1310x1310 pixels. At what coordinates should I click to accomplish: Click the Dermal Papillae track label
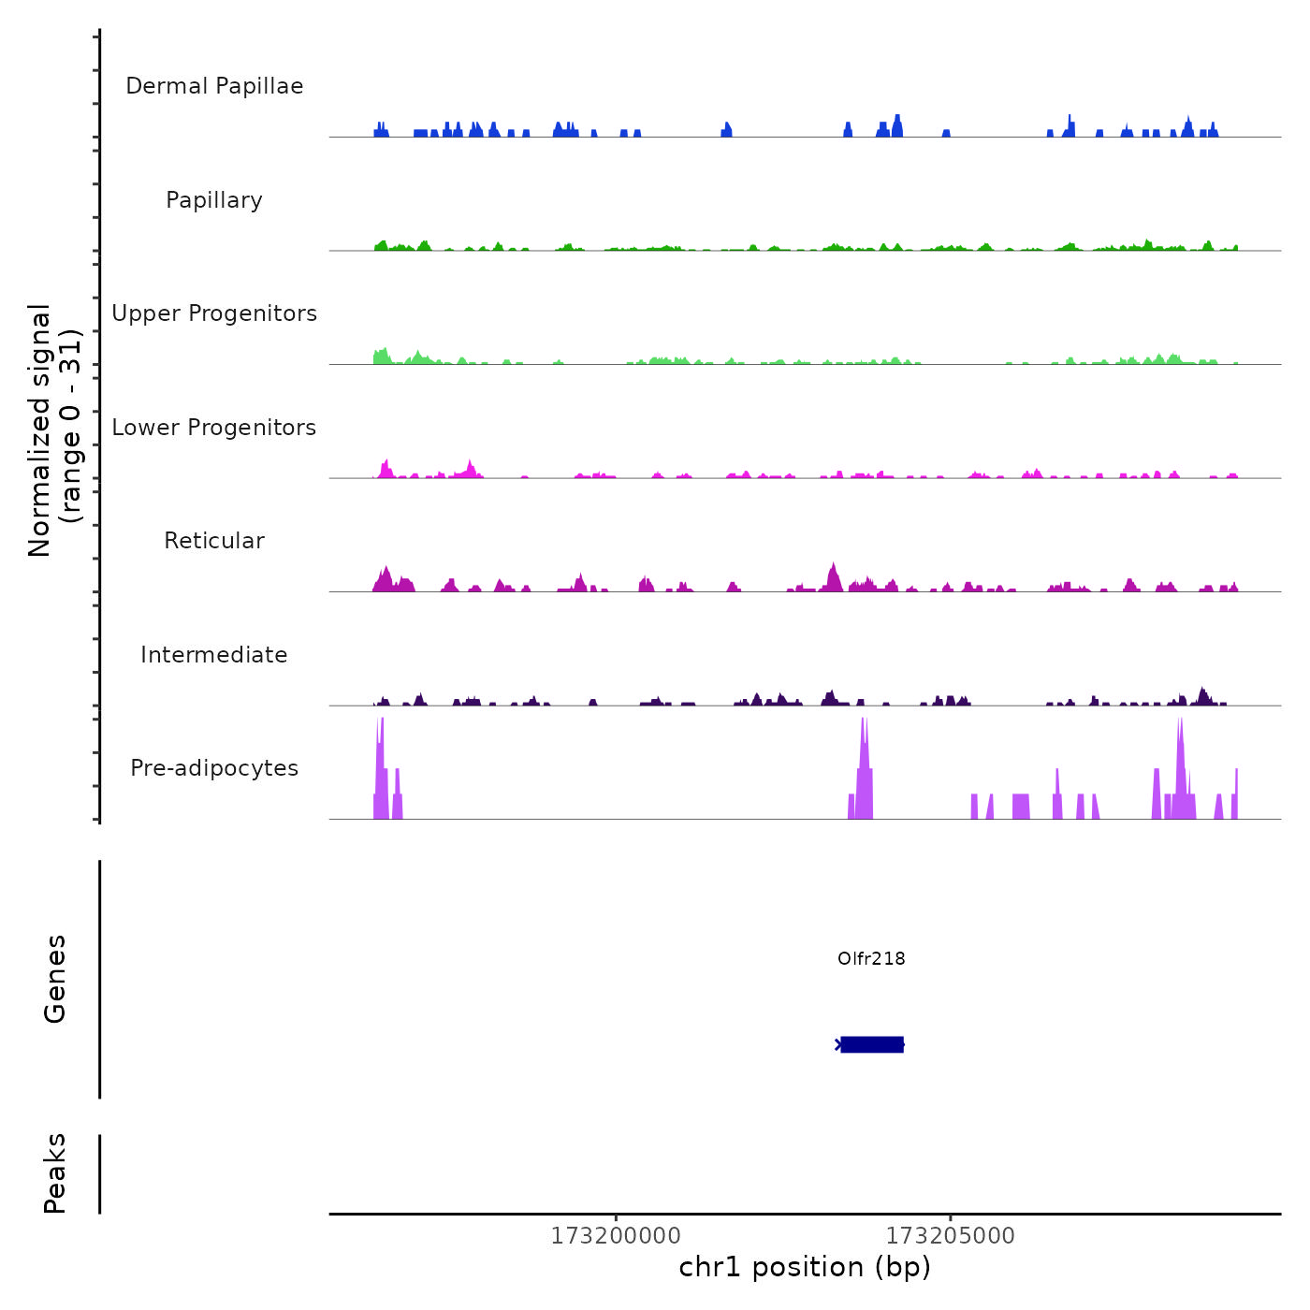(214, 86)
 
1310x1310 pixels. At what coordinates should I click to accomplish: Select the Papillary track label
(214, 200)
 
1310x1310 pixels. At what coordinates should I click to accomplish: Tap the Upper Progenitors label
(214, 313)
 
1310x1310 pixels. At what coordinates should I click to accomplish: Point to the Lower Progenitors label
(214, 428)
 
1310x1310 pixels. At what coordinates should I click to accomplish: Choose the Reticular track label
(214, 541)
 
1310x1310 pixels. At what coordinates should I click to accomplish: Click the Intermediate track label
(214, 655)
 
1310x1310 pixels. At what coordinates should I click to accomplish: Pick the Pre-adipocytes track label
(214, 768)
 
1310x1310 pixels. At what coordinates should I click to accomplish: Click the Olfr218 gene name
(871, 958)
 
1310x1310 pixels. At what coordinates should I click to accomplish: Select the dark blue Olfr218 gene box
(872, 1044)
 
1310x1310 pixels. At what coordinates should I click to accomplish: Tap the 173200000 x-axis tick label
(616, 1236)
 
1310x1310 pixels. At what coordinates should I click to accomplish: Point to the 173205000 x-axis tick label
(950, 1236)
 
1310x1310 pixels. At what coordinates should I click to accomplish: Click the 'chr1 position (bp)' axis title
(805, 1267)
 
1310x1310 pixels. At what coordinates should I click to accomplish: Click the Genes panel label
(55, 979)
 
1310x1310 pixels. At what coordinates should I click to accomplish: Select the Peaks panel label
(55, 1173)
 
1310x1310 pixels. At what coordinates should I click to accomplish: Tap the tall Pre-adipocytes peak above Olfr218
(865, 767)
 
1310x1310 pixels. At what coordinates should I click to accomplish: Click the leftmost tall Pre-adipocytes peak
(380, 767)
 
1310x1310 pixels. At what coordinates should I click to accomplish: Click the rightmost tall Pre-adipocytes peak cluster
(1181, 767)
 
